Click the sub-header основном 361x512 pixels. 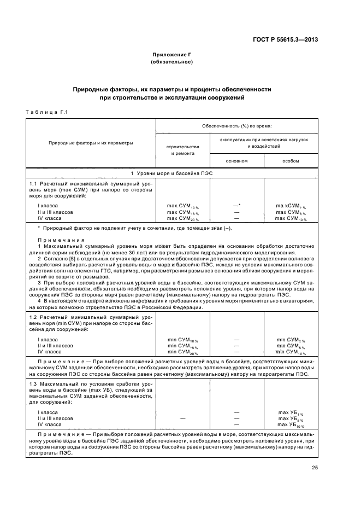[x=237, y=161]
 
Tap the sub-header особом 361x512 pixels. [x=291, y=161]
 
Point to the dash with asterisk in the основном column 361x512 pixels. [x=237, y=206]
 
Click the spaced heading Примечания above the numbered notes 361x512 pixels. [x=61, y=240]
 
